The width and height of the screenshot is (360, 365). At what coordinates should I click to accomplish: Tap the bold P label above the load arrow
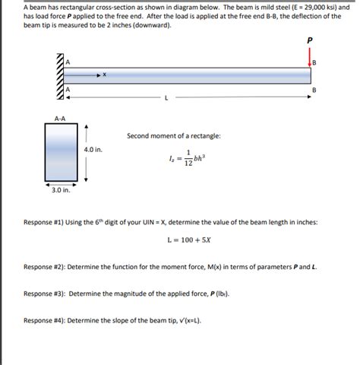pos(310,41)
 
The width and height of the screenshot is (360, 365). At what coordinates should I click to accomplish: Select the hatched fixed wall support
pos(58,78)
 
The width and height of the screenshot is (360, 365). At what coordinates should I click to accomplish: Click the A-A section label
pos(60,118)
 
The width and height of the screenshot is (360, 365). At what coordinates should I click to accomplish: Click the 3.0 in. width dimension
pos(61,190)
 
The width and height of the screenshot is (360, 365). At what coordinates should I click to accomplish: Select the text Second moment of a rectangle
pos(174,135)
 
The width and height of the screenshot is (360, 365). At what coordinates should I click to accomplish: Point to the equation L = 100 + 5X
pos(188,240)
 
